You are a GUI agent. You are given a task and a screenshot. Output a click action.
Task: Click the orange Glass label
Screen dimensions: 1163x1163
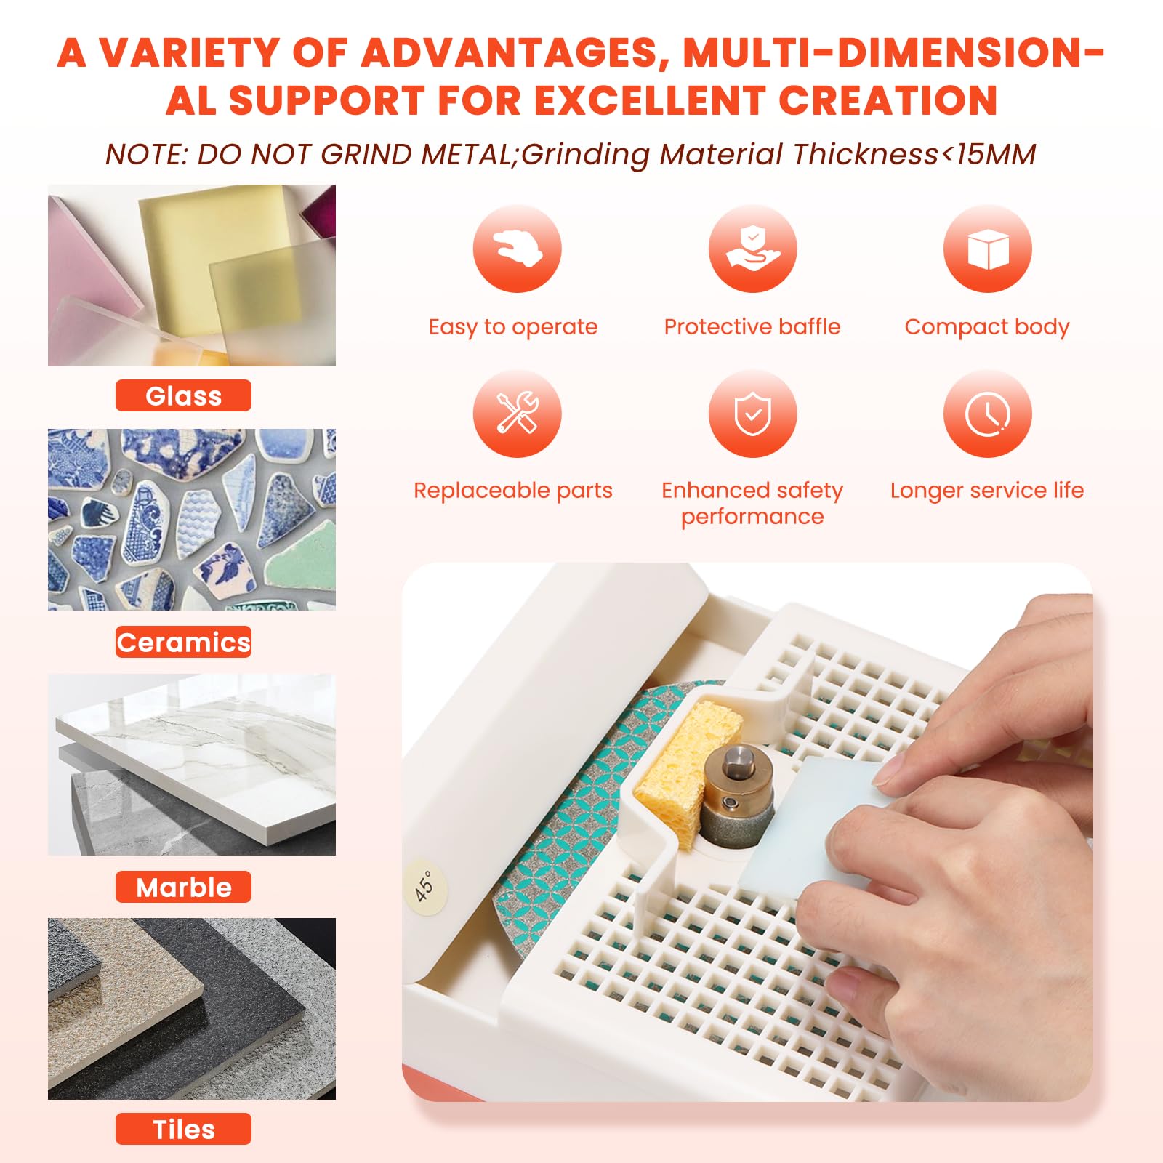[x=183, y=395]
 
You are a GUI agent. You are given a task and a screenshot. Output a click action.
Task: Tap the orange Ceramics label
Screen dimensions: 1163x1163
[x=183, y=642]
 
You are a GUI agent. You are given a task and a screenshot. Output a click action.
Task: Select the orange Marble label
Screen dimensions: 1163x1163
[x=183, y=887]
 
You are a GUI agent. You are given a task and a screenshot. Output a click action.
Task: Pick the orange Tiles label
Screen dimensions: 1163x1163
[x=183, y=1129]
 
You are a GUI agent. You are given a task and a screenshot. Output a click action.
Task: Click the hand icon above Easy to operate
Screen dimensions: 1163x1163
[x=517, y=249]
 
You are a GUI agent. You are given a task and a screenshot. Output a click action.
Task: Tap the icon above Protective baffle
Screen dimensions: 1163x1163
[x=752, y=249]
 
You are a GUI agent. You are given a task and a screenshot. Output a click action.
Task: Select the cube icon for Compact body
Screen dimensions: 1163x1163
[x=987, y=249]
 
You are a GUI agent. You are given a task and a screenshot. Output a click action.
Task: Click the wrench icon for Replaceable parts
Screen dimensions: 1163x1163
[x=517, y=414]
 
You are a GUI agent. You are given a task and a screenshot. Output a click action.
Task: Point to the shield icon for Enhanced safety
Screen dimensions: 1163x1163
[x=752, y=414]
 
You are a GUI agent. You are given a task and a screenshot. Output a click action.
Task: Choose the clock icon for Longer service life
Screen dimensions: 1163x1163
[x=987, y=414]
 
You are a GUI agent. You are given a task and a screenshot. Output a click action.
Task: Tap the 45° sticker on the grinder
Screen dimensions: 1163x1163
[x=425, y=885]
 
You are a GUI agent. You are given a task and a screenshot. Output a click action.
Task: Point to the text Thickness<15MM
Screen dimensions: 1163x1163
[x=914, y=155]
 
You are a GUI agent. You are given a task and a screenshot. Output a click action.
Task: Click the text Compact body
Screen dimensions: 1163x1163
[x=987, y=327]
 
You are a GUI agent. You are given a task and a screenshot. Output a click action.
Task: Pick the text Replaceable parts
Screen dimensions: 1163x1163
[x=513, y=491]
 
